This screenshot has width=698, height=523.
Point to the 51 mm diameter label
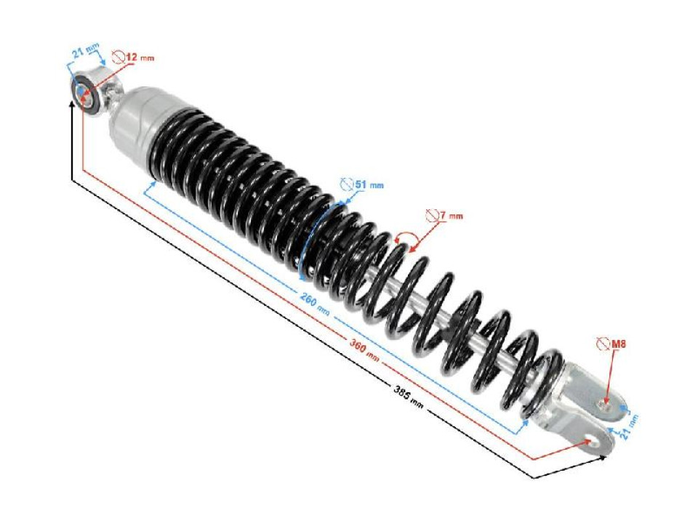coord(369,185)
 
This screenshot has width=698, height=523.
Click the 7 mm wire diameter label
coord(451,216)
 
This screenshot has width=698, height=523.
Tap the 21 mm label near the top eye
coord(86,52)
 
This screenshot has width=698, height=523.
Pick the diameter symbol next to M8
coord(601,343)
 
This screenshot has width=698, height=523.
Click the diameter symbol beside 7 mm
coord(432,215)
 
